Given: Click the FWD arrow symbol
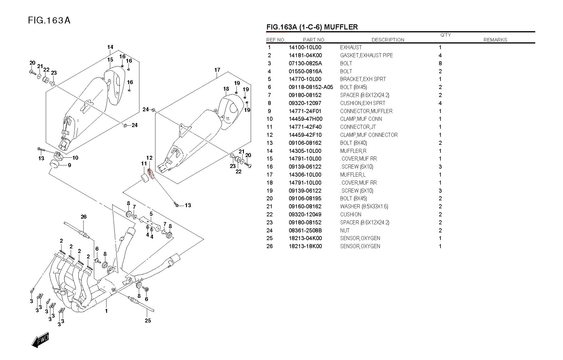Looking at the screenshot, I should tap(40, 340).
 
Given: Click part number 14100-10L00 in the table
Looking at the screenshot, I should tap(305, 48).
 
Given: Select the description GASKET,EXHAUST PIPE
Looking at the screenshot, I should tap(366, 56).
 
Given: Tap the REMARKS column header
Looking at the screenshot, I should tap(495, 40).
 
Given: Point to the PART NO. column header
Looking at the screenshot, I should tap(314, 40).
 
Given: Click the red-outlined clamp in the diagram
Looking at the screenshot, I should tap(151, 174).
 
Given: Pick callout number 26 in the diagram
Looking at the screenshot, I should tap(84, 217).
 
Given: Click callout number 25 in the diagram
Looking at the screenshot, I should tap(148, 321).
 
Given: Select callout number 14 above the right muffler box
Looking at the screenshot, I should tap(110, 47).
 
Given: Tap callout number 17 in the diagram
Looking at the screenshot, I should tap(217, 70).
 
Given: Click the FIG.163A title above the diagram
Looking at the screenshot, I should tap(49, 21).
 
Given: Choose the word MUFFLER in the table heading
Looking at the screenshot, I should tap(341, 27).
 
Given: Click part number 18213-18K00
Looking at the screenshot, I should tap(305, 246).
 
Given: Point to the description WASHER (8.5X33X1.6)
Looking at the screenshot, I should tap(364, 207).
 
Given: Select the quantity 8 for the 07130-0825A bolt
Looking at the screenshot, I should tap(440, 64).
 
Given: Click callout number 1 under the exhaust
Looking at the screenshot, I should tap(106, 311).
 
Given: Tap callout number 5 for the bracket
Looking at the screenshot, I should tap(151, 214).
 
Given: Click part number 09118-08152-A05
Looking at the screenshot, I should tap(311, 87).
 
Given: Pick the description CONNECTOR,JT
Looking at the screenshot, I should tap(358, 127).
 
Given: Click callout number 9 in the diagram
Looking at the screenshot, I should tap(69, 165).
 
